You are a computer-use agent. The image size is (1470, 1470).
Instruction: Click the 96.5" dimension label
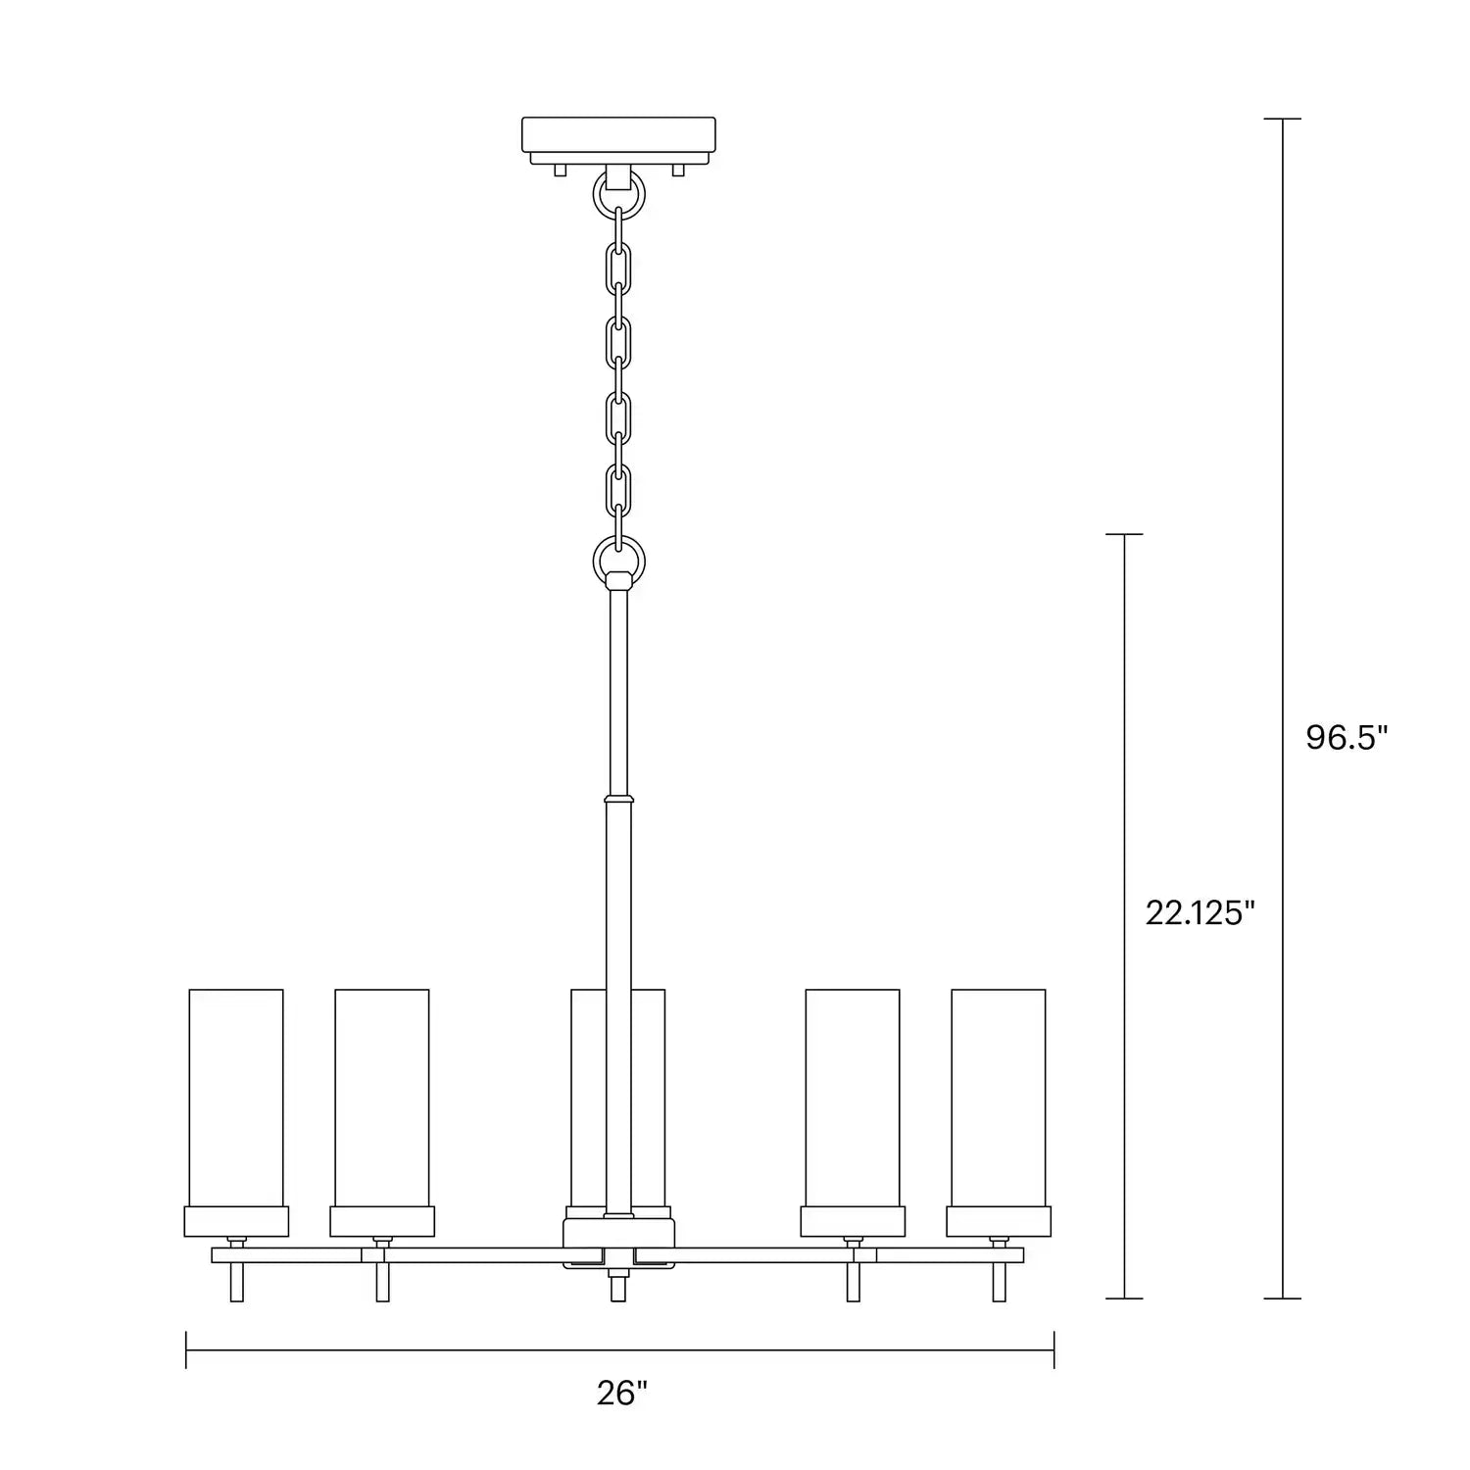tap(1347, 738)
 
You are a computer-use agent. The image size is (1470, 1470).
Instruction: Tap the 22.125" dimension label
tap(1200, 913)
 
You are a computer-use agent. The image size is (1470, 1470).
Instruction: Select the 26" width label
tap(622, 1393)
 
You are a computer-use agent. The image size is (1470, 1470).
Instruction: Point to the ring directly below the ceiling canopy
tap(618, 195)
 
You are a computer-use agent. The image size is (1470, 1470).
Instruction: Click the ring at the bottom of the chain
tap(619, 561)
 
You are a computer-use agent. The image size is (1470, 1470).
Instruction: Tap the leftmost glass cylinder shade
tap(236, 1097)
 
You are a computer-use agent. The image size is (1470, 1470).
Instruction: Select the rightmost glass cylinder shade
tap(998, 1097)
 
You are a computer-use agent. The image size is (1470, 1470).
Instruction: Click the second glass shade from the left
tap(381, 1097)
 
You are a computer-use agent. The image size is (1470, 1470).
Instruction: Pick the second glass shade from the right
tap(852, 1097)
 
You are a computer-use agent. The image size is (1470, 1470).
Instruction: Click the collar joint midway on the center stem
tap(618, 798)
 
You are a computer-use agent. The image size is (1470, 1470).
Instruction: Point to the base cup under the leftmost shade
tap(236, 1221)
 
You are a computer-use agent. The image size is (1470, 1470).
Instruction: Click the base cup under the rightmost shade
tap(998, 1221)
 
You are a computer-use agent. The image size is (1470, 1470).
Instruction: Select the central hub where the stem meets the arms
tap(618, 1242)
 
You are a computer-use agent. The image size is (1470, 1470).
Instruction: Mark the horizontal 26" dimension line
tap(619, 1349)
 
